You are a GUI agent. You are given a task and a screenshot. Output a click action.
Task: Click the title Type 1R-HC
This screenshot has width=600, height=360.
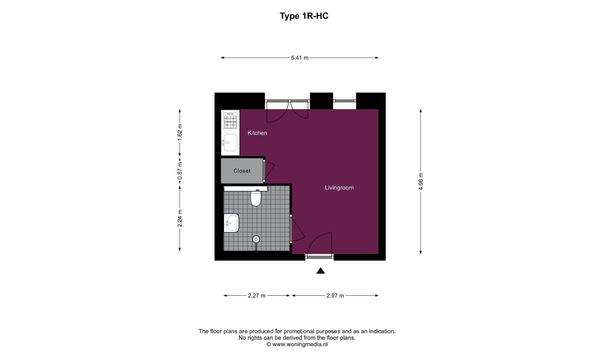pos(304,16)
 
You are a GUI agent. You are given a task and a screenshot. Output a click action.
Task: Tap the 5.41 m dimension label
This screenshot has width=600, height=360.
pos(300,58)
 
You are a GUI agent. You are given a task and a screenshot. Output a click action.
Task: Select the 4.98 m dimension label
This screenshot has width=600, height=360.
pos(421,182)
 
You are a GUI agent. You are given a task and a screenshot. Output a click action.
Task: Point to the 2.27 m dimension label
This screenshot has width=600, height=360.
pos(256,295)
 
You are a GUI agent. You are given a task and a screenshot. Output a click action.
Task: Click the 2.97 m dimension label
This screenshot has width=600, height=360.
pos(335,295)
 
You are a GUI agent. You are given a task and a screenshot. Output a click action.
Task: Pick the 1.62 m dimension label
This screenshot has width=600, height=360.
pos(180,132)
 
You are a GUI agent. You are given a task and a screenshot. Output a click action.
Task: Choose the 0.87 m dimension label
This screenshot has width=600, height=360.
pos(180,171)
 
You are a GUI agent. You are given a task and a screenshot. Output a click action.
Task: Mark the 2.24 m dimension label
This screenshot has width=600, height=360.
pos(180,218)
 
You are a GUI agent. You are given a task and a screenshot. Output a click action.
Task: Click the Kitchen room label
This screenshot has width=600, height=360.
pos(257,133)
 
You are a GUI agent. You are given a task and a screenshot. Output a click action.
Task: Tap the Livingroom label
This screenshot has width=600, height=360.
pos(339,188)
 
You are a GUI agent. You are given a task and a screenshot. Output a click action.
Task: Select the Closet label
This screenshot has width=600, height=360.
pos(242,171)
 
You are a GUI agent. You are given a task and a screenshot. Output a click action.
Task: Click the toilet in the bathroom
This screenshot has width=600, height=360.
pos(256,198)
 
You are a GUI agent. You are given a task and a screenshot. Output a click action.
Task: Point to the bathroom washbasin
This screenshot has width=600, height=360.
pos(231,223)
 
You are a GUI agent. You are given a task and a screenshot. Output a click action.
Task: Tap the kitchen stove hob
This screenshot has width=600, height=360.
pos(230,121)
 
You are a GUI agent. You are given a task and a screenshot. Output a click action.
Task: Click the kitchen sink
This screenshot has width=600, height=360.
pos(230,143)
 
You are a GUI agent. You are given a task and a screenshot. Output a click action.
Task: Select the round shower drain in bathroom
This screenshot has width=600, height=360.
pos(256,239)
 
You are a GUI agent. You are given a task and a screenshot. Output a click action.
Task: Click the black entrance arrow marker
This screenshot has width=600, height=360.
pos(321,271)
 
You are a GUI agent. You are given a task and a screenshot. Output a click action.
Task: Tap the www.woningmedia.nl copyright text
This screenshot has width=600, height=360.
pos(297,344)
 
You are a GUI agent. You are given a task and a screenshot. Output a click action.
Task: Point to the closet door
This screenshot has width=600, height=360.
pos(269,171)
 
